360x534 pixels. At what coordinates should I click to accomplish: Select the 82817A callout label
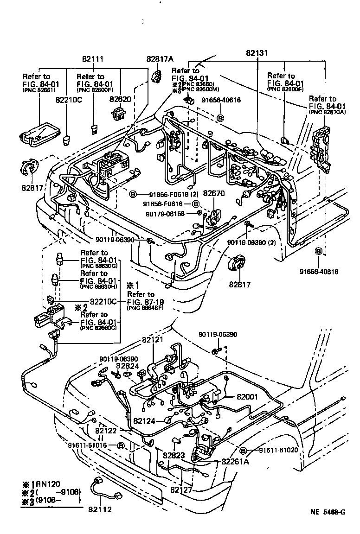159,59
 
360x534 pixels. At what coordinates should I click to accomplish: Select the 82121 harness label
154,340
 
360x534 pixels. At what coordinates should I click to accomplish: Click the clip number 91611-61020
278,450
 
